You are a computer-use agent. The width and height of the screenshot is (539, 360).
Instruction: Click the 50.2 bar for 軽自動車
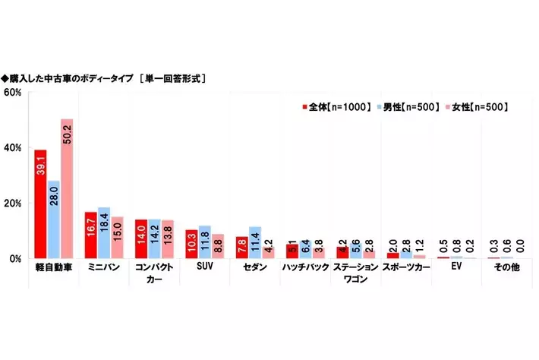(x=67, y=189)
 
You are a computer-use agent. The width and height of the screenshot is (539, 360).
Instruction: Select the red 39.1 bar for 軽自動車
(x=40, y=204)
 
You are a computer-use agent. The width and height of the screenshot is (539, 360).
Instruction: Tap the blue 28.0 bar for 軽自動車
(x=53, y=219)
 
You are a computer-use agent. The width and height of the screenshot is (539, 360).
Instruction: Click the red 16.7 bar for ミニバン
(x=90, y=235)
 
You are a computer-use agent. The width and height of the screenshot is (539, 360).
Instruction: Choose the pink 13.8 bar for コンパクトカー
(x=167, y=239)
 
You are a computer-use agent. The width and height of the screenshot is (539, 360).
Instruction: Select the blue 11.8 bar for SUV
(x=204, y=242)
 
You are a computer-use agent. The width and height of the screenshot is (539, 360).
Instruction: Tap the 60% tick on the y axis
(x=14, y=93)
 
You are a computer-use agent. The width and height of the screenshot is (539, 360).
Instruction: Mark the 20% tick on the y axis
(x=14, y=203)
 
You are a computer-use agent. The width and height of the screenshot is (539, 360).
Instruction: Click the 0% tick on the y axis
(x=16, y=258)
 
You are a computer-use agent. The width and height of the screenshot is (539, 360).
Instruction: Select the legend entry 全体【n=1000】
(x=334, y=108)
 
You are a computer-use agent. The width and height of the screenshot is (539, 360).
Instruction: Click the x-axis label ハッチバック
(x=304, y=269)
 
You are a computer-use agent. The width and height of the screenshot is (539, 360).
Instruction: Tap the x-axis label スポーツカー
(x=405, y=269)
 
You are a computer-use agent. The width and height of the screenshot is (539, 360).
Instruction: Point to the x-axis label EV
(x=455, y=269)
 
